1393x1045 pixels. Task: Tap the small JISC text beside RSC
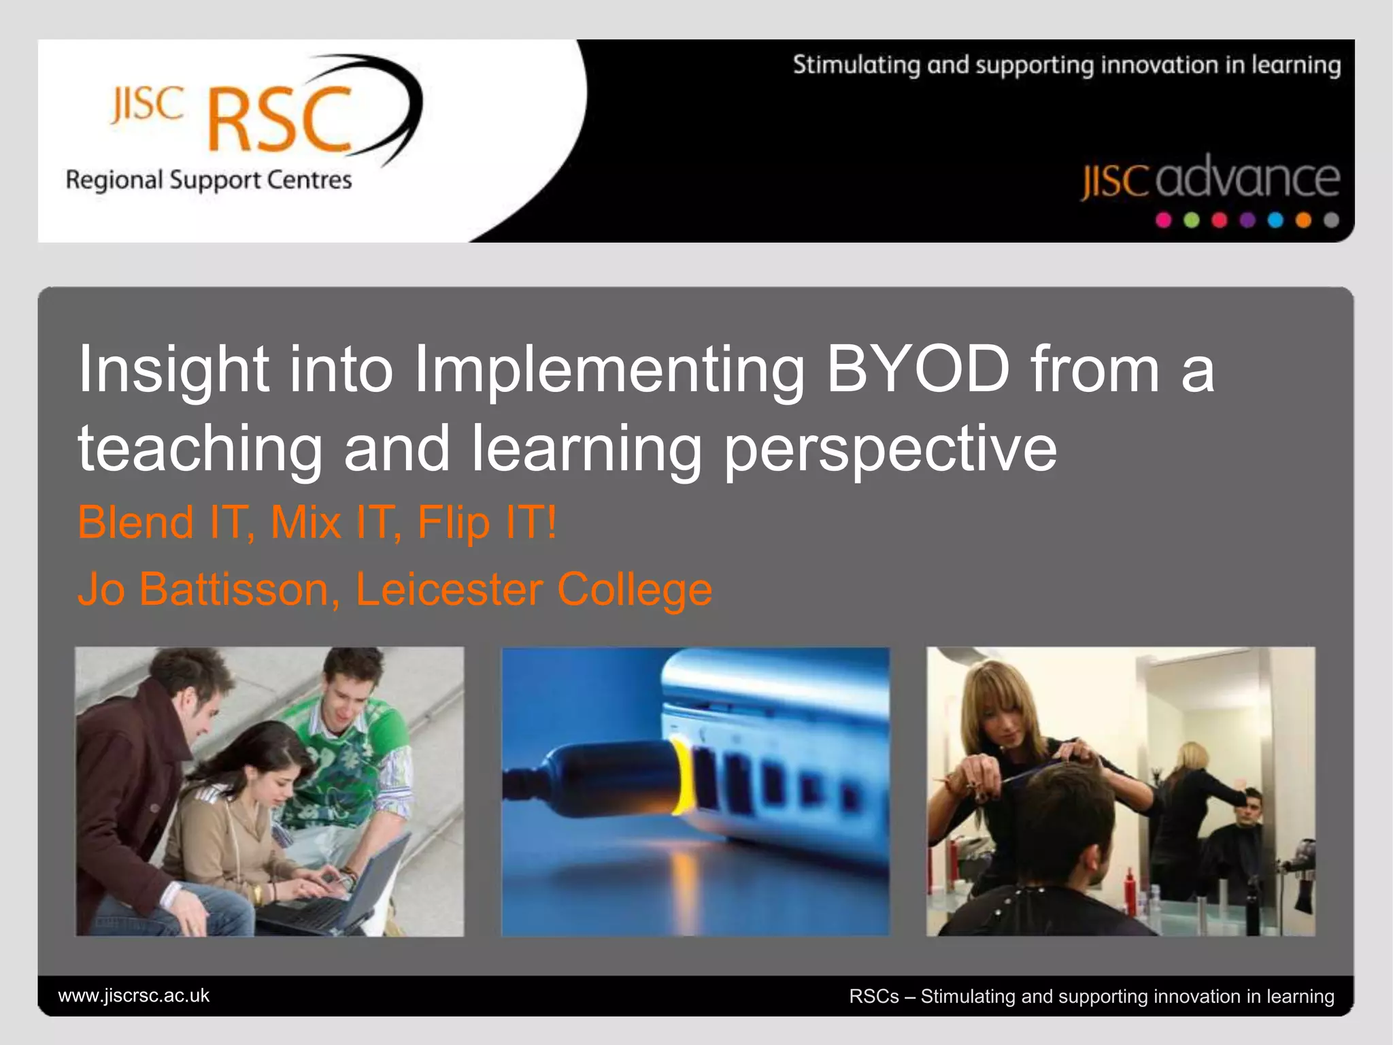148,105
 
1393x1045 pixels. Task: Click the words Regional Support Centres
209,180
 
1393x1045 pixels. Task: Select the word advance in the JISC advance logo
1247,178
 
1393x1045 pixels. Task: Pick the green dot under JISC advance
1192,220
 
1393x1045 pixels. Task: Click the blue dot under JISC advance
1275,220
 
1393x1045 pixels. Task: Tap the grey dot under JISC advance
1331,220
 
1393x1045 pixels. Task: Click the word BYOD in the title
918,369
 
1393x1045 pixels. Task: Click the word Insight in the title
173,369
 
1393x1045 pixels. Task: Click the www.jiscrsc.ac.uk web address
134,995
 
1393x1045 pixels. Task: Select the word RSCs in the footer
873,997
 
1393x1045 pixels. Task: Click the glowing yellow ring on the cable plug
680,776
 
